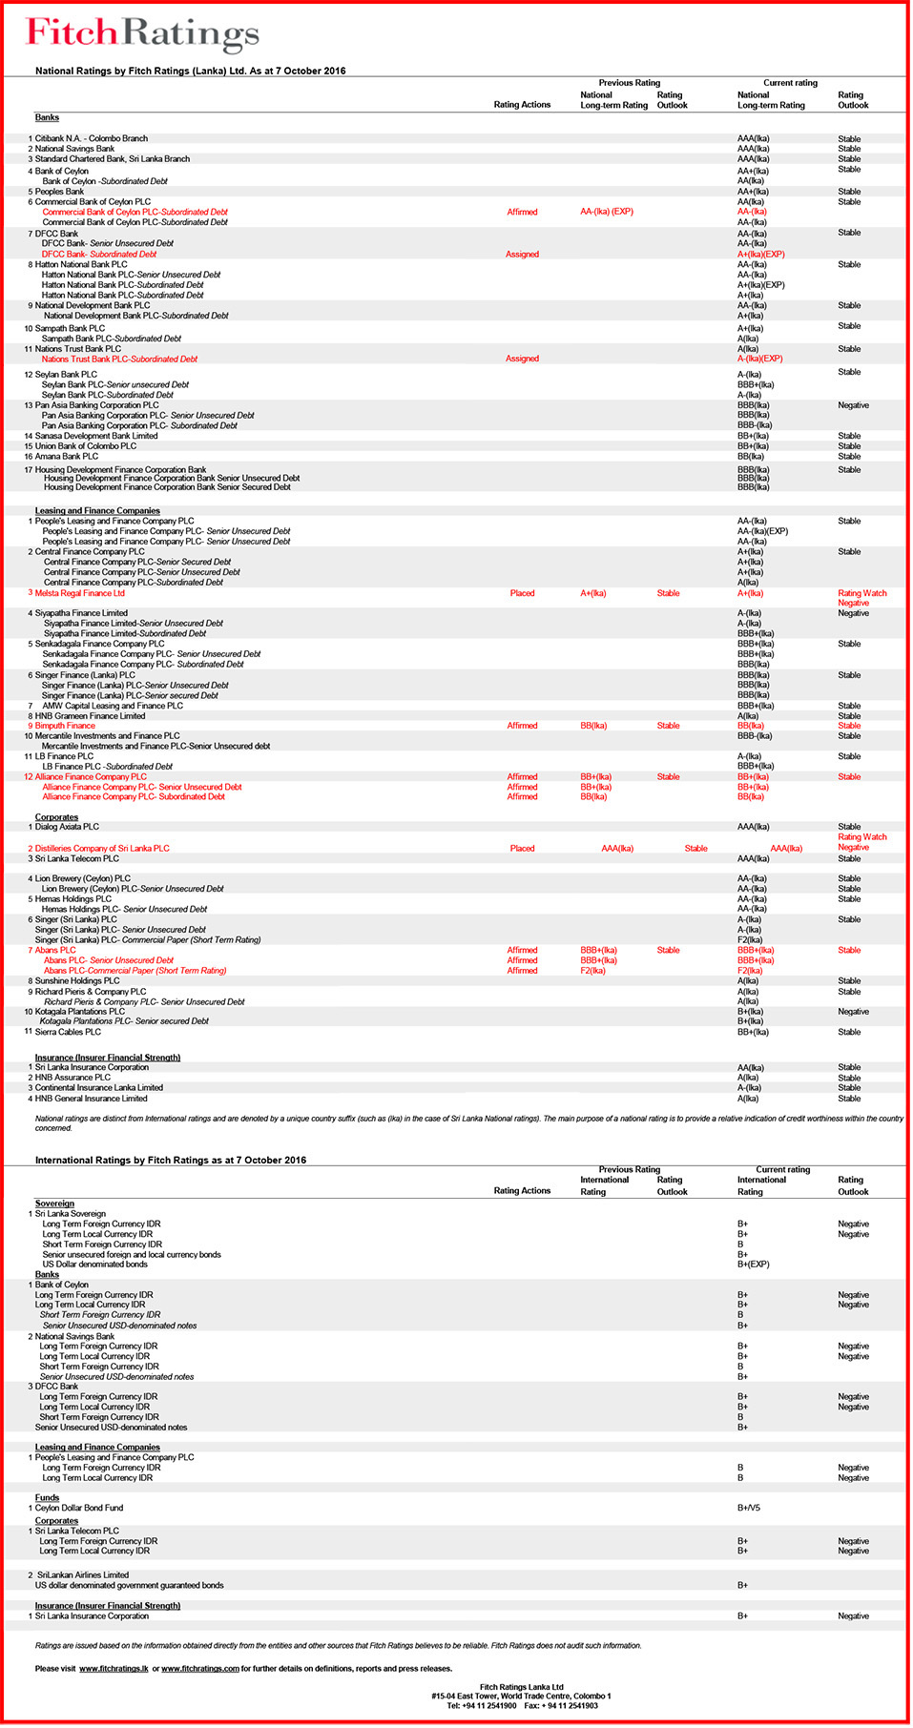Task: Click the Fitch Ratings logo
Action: pos(143,34)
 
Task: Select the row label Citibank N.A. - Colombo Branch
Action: pos(92,138)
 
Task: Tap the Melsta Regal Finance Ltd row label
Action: pos(80,593)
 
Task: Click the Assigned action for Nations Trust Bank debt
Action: pos(522,359)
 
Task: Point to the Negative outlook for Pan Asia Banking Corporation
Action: pos(853,405)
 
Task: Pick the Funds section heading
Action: pos(48,1497)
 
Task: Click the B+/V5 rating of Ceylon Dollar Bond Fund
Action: pos(749,1508)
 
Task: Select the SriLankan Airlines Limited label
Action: pos(83,1574)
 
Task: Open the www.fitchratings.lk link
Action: pos(114,1669)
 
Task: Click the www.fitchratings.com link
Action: pos(200,1669)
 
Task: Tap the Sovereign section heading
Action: pos(54,1203)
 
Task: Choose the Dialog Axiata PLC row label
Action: pos(67,827)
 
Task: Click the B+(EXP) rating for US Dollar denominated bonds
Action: pos(753,1265)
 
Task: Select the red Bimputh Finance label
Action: pos(65,726)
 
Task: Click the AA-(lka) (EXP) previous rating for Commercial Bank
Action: pos(607,212)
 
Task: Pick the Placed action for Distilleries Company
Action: pos(522,848)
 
